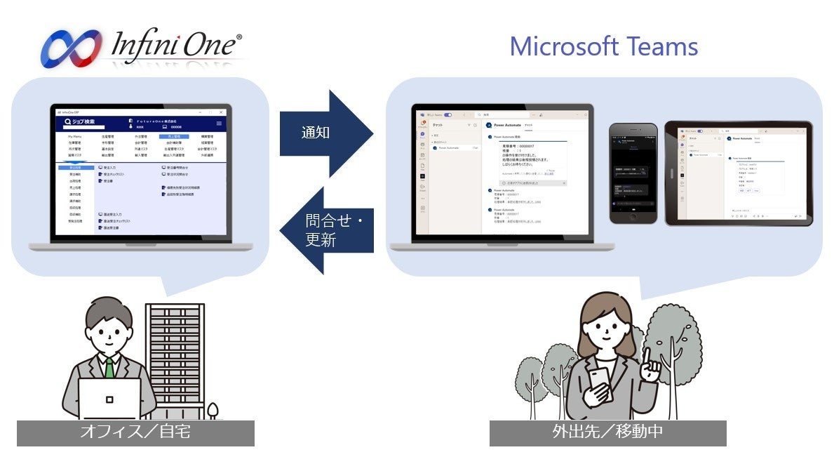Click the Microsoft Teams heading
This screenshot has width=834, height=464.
coord(603,46)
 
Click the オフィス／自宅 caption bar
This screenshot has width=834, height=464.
coord(135,432)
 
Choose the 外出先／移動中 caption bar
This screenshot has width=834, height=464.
coord(607,432)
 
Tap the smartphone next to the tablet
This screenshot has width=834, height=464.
coord(633,173)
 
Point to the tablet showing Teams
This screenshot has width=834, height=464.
coord(739,173)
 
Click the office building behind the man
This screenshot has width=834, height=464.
coord(175,351)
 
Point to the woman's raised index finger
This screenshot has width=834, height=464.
coord(647,355)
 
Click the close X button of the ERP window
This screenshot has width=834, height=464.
coord(222,112)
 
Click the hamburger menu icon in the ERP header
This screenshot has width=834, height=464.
coord(219,123)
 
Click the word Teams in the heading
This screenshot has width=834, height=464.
coord(663,46)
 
